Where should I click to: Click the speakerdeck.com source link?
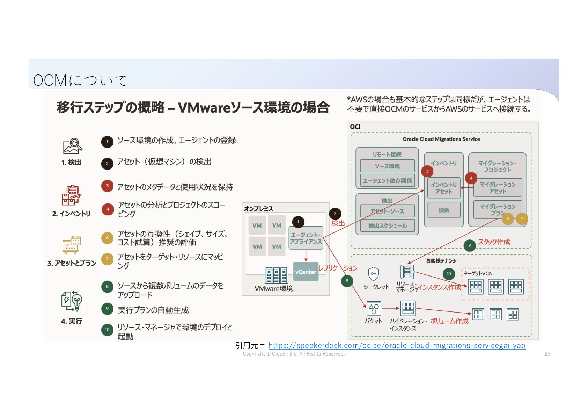click(397, 345)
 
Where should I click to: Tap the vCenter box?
click(306, 272)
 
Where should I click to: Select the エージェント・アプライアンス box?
click(306, 238)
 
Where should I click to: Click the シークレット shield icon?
click(373, 274)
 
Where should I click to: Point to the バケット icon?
click(373, 308)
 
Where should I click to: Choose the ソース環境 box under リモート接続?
click(387, 166)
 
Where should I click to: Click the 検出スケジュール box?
click(387, 226)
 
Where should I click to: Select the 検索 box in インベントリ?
click(444, 210)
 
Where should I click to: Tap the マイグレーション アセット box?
click(497, 187)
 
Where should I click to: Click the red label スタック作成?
click(494, 242)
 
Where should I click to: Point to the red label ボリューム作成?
click(449, 321)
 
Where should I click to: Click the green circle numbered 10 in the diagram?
click(449, 274)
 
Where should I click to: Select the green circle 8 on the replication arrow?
click(347, 281)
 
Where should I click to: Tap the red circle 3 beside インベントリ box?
click(427, 171)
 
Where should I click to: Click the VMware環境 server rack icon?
click(276, 275)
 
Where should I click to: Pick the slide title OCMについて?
click(80, 80)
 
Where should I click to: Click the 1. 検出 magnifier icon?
click(73, 146)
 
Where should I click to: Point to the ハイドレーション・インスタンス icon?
click(408, 308)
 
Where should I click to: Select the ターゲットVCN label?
click(478, 273)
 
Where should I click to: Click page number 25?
click(547, 354)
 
